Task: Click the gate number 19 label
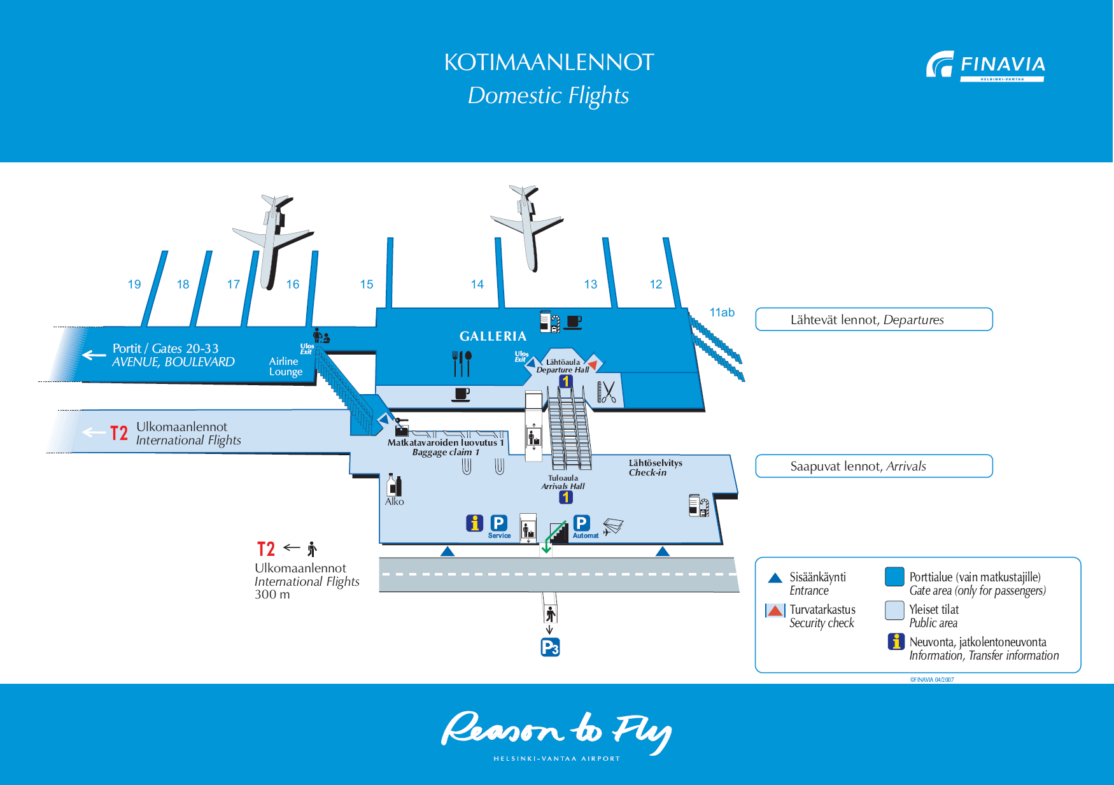[134, 285]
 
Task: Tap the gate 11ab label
[722, 313]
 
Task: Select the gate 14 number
[477, 285]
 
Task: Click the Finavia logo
[985, 66]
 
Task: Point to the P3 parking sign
[550, 647]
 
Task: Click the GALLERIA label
[493, 336]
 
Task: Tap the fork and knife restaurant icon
[462, 363]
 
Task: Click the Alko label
[395, 502]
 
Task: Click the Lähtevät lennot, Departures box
[873, 320]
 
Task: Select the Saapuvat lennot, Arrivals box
[873, 466]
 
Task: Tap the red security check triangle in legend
[775, 611]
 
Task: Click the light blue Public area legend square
[894, 611]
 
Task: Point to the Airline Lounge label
[285, 367]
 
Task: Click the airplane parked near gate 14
[527, 225]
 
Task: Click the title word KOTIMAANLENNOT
[549, 62]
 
